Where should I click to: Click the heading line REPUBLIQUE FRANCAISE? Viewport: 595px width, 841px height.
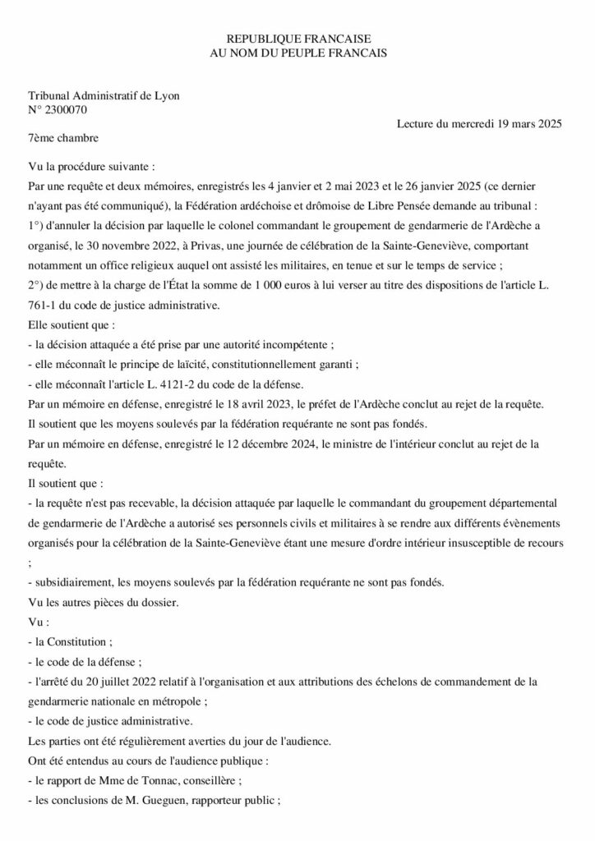(298, 39)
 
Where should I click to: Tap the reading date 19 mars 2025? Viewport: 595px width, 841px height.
(524, 124)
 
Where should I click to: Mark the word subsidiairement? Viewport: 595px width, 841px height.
(76, 582)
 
